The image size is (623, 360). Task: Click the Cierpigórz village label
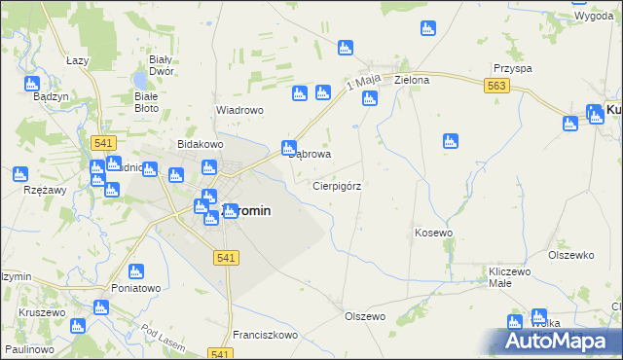click(337, 185)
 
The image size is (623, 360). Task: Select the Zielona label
click(412, 81)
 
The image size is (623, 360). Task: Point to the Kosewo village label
click(434, 233)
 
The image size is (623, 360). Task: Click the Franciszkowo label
click(265, 334)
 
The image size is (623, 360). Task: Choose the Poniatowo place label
click(135, 288)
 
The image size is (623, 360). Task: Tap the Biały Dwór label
click(153, 64)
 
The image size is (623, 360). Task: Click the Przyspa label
click(512, 69)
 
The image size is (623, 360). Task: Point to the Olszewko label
click(570, 255)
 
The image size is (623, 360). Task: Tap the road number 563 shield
click(496, 87)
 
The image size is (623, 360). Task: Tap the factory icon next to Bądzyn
click(31, 83)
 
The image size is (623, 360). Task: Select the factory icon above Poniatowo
click(135, 270)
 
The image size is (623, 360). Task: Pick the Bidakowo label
click(201, 144)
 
